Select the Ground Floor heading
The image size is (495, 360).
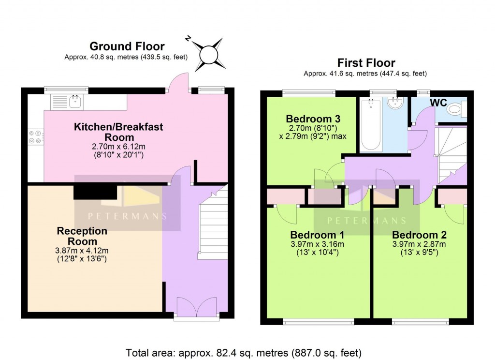coord(127,46)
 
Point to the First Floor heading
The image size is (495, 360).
coord(366,63)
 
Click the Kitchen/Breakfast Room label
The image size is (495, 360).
coord(118,132)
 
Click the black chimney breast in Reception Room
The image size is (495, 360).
coord(94,192)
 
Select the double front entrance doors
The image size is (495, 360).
coord(196,306)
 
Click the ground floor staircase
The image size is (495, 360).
coord(213,223)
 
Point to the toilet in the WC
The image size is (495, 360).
coord(456,109)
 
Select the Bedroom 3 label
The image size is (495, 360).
coord(306,119)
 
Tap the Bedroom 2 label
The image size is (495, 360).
coord(419,235)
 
